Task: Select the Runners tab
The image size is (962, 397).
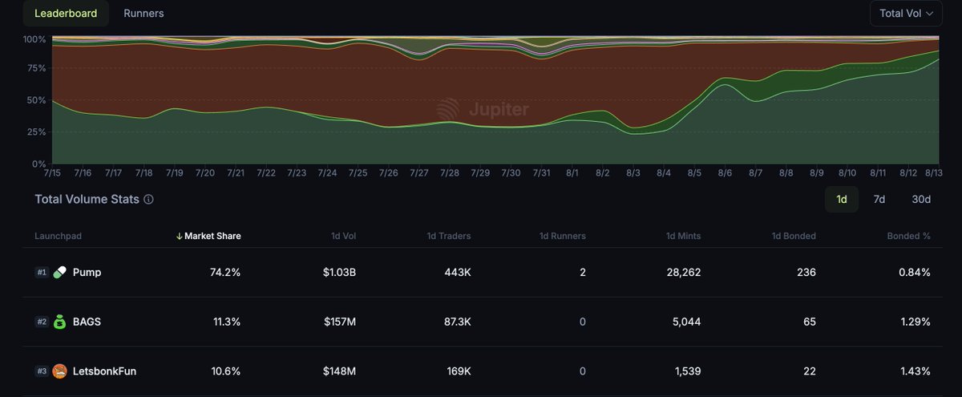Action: (143, 14)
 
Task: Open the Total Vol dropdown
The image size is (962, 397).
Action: (905, 14)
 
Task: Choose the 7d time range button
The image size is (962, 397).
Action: (879, 199)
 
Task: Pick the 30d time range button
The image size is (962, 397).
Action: (921, 199)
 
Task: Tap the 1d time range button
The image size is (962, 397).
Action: (841, 199)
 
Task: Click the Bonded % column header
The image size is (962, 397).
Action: (908, 236)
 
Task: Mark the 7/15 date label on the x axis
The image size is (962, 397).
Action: (53, 172)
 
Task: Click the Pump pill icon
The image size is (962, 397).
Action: (60, 273)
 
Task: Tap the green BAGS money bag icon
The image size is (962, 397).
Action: (60, 322)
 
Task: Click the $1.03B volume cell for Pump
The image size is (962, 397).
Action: (339, 273)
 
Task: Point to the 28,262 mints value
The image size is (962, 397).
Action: (683, 273)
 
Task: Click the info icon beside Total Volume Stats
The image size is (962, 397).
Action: (148, 200)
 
